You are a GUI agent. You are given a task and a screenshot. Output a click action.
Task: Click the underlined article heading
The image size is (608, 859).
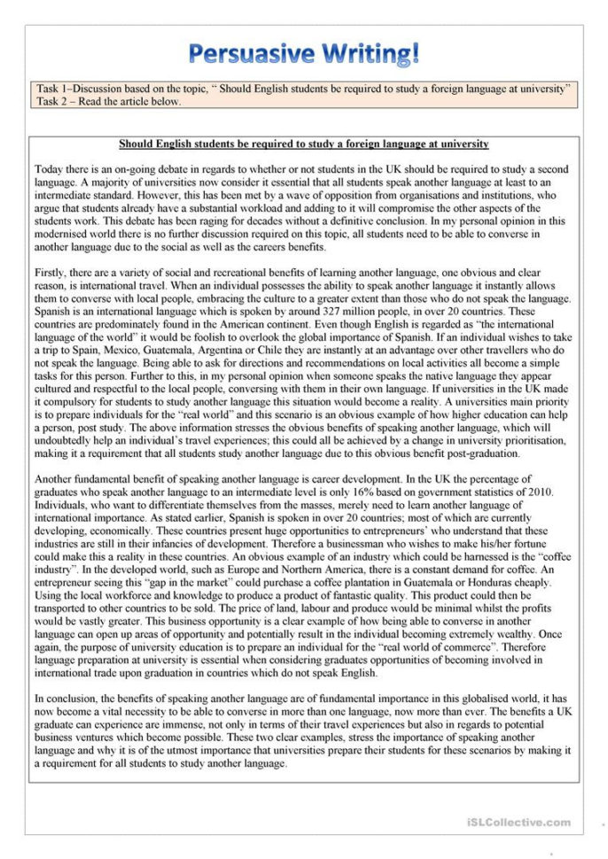coord(303,143)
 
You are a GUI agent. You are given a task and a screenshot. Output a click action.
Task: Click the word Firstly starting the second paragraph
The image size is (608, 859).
coord(51,273)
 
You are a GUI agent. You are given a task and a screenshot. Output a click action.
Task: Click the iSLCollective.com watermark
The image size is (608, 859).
coord(518,823)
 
